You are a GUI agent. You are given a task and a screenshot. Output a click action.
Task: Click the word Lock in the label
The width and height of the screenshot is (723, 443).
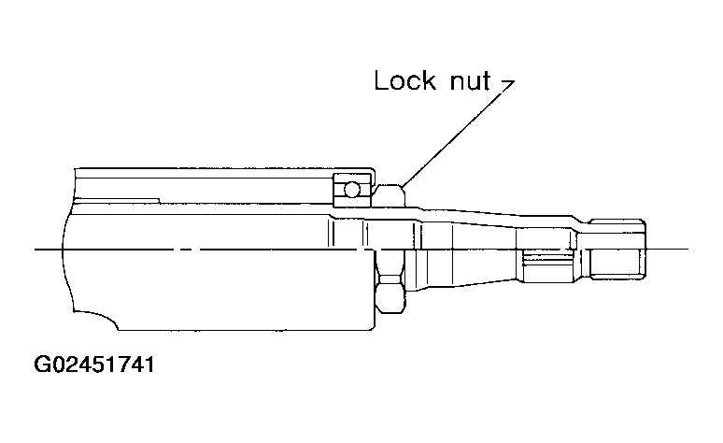click(x=403, y=81)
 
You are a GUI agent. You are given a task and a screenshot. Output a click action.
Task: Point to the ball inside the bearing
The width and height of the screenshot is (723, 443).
click(x=349, y=190)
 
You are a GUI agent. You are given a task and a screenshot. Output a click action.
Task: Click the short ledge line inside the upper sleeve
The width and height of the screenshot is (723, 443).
click(x=121, y=197)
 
